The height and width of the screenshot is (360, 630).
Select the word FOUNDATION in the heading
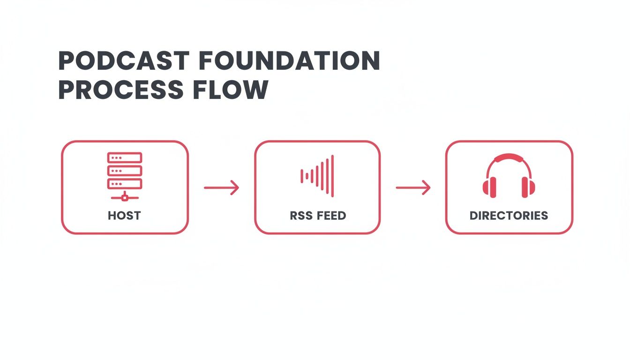point(289,61)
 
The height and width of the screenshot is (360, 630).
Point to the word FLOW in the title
point(230,90)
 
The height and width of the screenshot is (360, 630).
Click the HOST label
point(124,216)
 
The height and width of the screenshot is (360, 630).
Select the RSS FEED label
point(318,216)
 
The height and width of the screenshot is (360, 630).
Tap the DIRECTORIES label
point(509,216)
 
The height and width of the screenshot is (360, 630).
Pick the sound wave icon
point(317,176)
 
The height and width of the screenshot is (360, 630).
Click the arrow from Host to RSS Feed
point(221,188)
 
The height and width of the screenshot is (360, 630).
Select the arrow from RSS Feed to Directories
point(413,188)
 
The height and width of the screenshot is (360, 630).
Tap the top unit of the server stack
point(125,157)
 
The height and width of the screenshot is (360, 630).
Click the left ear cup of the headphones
point(489,187)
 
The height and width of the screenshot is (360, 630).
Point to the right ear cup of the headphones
point(528,187)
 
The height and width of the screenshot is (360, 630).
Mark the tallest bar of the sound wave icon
point(332,176)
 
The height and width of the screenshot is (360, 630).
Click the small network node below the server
point(125,198)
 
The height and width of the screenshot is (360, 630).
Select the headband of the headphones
point(509,158)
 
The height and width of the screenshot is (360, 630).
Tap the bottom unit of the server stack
point(125,183)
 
